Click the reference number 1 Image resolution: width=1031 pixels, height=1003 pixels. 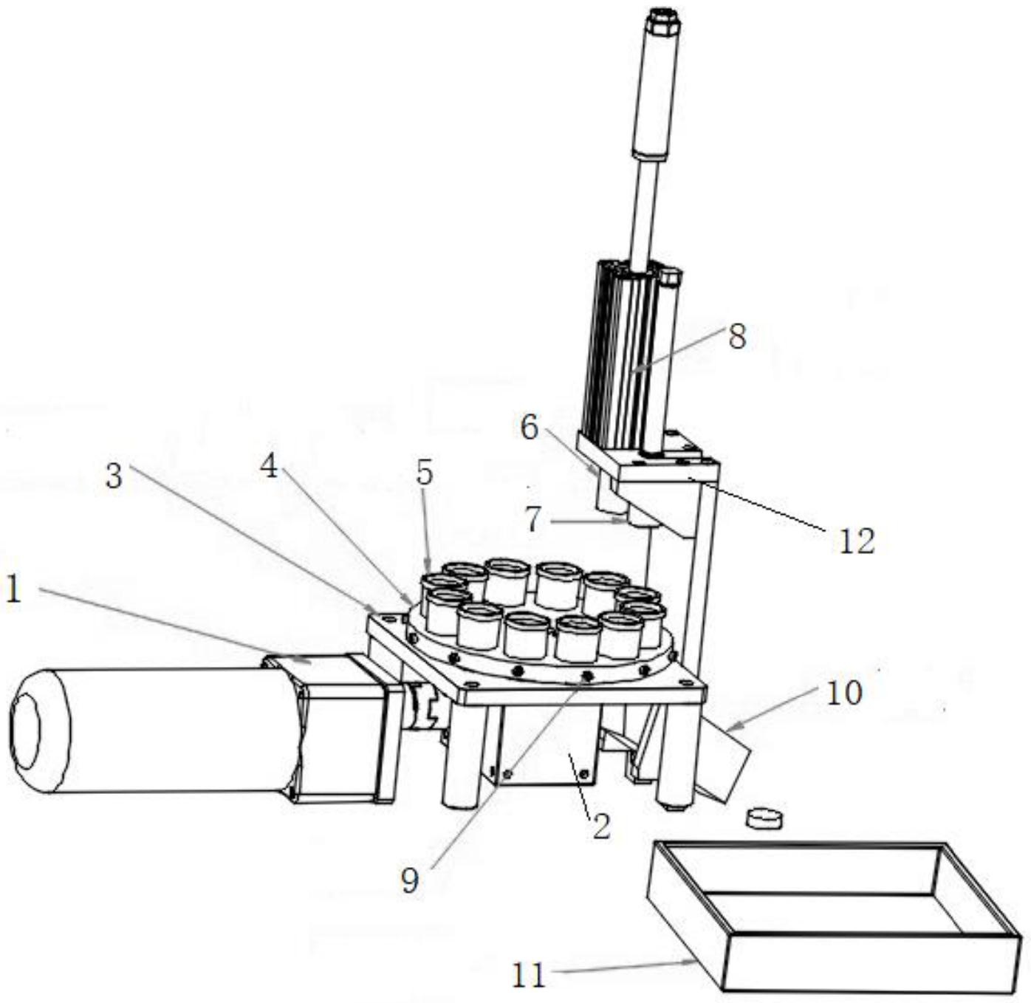click(x=13, y=591)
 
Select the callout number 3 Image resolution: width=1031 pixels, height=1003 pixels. click(x=113, y=476)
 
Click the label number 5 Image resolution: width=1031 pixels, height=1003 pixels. click(x=424, y=473)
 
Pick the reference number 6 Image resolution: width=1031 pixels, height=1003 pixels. click(x=529, y=427)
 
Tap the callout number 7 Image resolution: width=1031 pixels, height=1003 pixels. click(x=534, y=519)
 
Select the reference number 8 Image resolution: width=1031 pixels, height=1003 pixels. click(x=736, y=337)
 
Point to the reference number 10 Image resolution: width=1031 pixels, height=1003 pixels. click(x=844, y=693)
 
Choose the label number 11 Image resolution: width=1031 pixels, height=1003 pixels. click(x=528, y=976)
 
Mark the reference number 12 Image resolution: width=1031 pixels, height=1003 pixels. click(x=857, y=541)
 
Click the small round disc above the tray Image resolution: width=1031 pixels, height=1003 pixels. click(x=764, y=818)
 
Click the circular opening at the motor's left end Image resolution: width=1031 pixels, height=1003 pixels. click(x=25, y=731)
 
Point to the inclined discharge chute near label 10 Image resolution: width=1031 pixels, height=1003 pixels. click(x=727, y=764)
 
